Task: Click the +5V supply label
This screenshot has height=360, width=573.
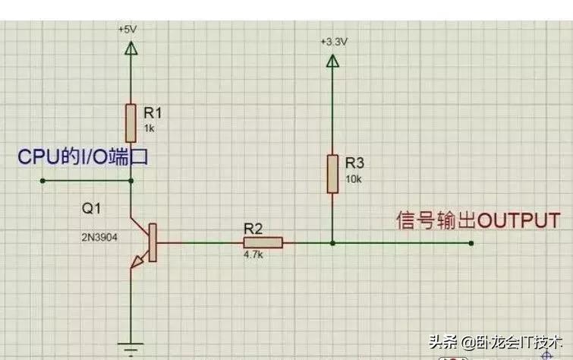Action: [x=128, y=29]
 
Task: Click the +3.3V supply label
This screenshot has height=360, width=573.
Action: [x=334, y=42]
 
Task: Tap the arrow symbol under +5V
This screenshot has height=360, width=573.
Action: [x=131, y=49]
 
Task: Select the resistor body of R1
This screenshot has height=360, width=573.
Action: [x=131, y=122]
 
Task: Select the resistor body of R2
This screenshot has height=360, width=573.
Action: [x=263, y=243]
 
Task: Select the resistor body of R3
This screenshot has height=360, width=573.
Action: [x=332, y=173]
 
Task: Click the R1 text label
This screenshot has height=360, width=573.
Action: [x=153, y=113]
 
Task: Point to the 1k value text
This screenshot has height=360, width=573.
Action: [x=149, y=129]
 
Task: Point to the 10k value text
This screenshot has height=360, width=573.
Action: [x=353, y=178]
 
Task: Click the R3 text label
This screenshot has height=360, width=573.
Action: [x=354, y=163]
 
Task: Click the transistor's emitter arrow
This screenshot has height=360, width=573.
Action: [x=137, y=262]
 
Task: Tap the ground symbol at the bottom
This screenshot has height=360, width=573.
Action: [x=131, y=346]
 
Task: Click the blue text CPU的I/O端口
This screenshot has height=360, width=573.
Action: [x=82, y=157]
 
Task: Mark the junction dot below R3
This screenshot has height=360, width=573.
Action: [x=332, y=243]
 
